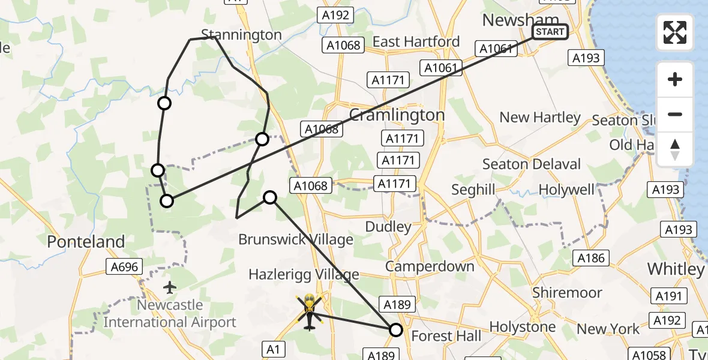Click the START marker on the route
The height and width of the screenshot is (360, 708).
click(550, 32)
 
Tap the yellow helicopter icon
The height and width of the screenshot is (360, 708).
click(309, 304)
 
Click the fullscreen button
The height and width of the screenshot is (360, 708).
click(675, 32)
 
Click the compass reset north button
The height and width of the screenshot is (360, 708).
click(675, 149)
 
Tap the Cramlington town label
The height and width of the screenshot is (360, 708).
click(397, 115)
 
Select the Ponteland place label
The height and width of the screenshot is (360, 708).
click(86, 242)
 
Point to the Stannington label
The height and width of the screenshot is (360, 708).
click(241, 35)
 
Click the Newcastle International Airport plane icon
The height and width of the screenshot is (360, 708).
click(170, 288)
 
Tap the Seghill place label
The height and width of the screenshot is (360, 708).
click(473, 190)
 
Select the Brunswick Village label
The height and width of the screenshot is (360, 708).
click(296, 239)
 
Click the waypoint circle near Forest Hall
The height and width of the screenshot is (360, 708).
click(396, 329)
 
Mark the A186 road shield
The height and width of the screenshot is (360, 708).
click(592, 258)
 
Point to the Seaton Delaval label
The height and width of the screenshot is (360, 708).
click(532, 164)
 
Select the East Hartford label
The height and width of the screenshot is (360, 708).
click(416, 41)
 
